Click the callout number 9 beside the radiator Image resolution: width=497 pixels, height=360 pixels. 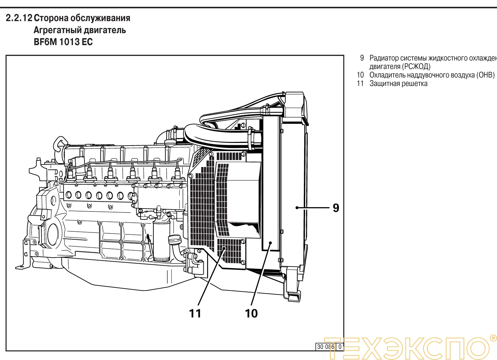coord(336,208)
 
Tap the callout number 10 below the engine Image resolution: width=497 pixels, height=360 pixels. coord(251,313)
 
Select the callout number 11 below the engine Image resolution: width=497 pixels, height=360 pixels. coord(195,313)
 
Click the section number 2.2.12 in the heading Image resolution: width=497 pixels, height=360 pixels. coord(19,18)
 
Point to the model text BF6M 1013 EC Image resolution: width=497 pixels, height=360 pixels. coord(63,42)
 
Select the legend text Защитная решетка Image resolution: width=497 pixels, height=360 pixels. coord(398,84)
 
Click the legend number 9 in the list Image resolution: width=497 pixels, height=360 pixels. coord(362,58)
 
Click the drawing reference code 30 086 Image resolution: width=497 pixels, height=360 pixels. coord(325,347)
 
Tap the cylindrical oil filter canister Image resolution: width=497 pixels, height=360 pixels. coord(161,240)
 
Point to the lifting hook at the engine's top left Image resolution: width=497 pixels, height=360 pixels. coord(60,144)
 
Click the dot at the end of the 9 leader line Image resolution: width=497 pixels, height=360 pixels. coord(297,208)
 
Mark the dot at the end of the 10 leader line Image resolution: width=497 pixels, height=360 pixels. coord(271,243)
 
